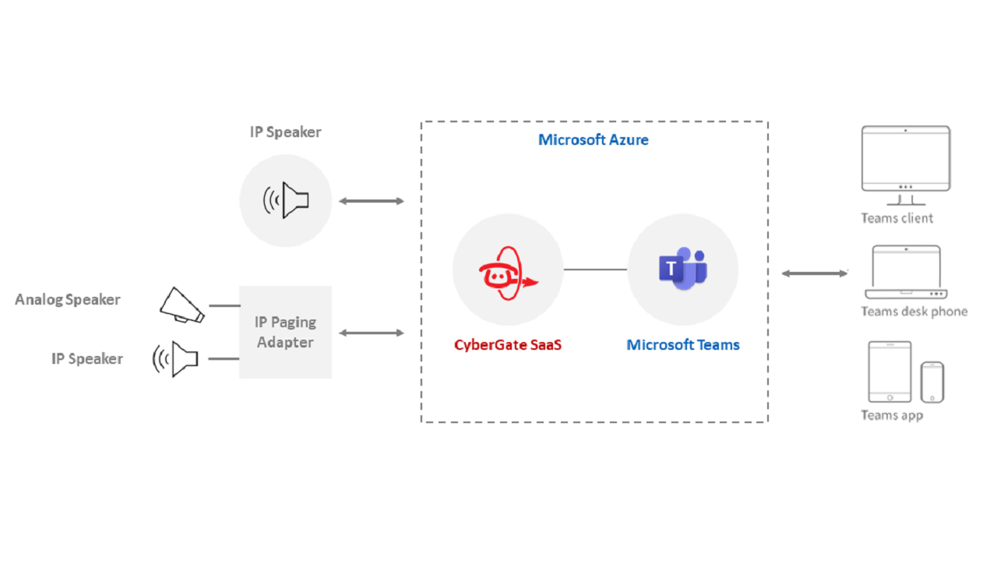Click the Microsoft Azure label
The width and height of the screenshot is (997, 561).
(x=594, y=140)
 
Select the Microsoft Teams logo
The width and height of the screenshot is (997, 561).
(x=683, y=269)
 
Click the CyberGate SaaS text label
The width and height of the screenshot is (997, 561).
(x=508, y=344)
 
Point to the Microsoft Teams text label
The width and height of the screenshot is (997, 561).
(x=683, y=344)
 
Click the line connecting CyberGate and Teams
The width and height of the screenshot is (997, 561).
(x=595, y=270)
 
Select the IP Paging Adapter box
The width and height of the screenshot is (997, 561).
(x=285, y=332)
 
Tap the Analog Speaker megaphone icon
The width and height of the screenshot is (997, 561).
(x=181, y=305)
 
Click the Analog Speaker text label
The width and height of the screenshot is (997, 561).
(x=68, y=299)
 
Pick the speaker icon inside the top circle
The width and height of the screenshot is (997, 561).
(x=286, y=200)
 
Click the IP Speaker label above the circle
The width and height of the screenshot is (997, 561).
(x=285, y=132)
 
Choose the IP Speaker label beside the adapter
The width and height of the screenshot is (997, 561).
(x=87, y=358)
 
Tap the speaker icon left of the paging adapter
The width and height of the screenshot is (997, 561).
(x=176, y=359)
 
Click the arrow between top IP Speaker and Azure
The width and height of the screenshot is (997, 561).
(x=372, y=201)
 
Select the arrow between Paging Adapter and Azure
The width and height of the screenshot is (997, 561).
(x=372, y=333)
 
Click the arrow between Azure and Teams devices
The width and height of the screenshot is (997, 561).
(x=815, y=273)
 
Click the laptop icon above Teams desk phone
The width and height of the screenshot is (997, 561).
(x=906, y=273)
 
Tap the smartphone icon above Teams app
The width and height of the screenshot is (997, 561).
(x=932, y=382)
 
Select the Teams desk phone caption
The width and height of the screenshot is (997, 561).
(x=914, y=312)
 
